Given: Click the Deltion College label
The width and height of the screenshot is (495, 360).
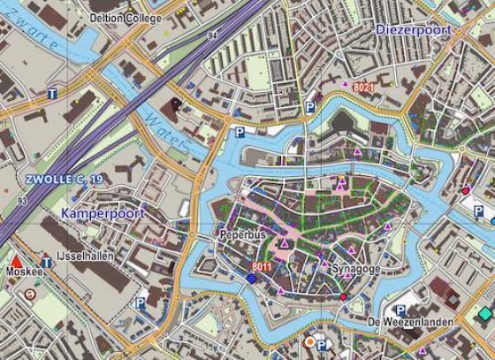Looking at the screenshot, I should click(126, 18).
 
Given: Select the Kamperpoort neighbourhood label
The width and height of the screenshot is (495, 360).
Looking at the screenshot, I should click(100, 214).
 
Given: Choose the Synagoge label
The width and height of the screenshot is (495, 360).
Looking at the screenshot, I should click(354, 267).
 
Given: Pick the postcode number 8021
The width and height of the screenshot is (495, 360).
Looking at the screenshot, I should click(364, 88).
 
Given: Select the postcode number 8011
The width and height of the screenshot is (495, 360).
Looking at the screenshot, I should click(261, 267).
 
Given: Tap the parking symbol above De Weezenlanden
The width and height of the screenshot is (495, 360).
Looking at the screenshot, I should click(401, 310).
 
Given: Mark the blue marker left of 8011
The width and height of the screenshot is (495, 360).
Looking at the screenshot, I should click(252, 278).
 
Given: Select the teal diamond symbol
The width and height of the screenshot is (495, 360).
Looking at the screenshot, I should click(484, 314).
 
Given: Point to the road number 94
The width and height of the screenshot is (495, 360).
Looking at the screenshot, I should click(212, 35).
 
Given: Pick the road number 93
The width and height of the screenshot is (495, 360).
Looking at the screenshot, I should click(20, 201).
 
